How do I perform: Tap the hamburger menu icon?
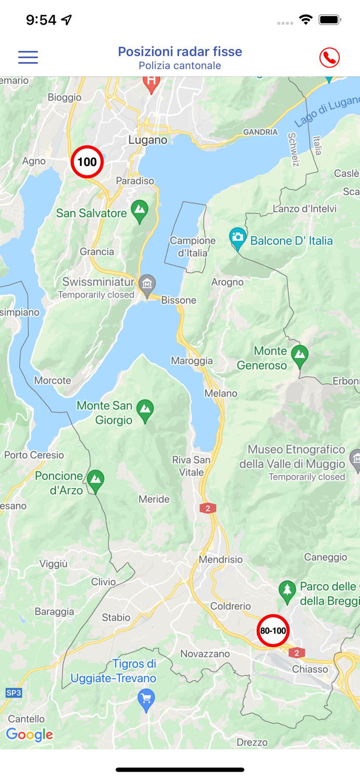tap(28, 57)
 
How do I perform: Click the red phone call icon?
tap(329, 58)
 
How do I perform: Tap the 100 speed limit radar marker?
tap(87, 162)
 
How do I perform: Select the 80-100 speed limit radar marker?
tap(273, 630)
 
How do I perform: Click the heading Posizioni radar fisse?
tap(180, 51)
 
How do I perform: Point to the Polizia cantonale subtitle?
tap(180, 66)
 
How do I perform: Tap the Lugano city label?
tap(148, 140)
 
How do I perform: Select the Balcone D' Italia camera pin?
tap(237, 238)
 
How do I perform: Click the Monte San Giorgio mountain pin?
tap(145, 410)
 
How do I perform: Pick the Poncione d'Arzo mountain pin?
tap(95, 480)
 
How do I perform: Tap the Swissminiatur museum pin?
tap(148, 285)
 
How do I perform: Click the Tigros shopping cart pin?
tap(146, 700)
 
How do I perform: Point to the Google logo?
tap(30, 734)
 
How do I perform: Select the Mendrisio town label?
tap(221, 559)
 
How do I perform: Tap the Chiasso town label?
tap(310, 669)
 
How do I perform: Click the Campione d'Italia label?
tap(193, 247)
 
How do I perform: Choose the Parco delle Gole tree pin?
tap(287, 590)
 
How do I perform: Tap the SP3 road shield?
tap(14, 693)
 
